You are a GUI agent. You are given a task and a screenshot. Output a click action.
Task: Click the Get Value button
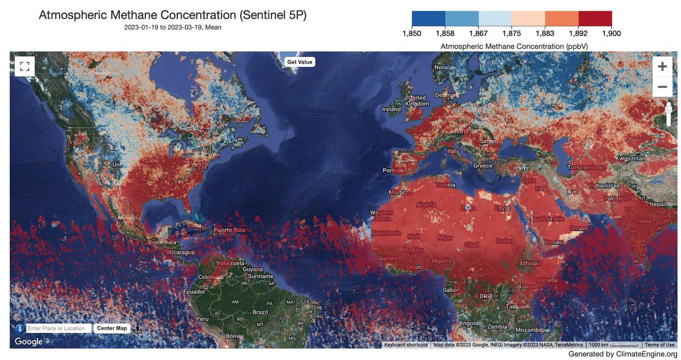tap(299, 62)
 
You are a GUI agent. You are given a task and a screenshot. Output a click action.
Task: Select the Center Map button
tap(112, 328)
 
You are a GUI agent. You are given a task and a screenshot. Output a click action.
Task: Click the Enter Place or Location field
tap(58, 328)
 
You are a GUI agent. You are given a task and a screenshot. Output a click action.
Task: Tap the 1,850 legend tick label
tap(411, 34)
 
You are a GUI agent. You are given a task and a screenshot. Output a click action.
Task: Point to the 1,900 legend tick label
tap(611, 34)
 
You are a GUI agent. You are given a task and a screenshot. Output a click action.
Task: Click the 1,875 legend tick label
tap(511, 34)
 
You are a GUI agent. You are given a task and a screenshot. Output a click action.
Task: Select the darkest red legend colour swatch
tap(595, 18)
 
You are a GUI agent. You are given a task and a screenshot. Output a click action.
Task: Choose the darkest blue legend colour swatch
tap(428, 18)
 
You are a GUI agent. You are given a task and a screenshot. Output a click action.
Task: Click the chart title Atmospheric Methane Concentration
tap(173, 15)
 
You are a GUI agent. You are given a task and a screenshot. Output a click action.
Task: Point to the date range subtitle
tap(173, 27)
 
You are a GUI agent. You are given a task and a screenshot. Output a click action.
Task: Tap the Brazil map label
tap(260, 312)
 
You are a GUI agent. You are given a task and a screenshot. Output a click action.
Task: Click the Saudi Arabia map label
tap(547, 219)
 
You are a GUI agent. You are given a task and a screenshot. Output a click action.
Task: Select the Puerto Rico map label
tap(229, 230)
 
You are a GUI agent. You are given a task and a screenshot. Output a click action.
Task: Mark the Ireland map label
tap(392, 109)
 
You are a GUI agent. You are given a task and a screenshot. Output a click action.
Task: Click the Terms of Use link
tap(659, 345)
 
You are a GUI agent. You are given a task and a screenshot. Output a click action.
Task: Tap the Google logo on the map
tap(28, 341)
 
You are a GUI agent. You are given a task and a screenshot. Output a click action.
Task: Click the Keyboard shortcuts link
tap(406, 345)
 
